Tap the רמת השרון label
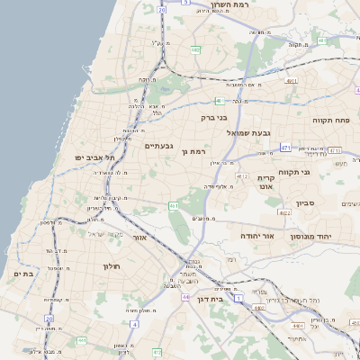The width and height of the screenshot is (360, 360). click(x=236, y=5)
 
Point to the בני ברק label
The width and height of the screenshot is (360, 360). click(x=213, y=117)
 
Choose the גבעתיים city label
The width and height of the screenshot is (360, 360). click(x=158, y=145)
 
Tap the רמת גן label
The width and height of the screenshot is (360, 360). click(x=194, y=152)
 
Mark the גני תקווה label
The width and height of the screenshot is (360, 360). click(x=319, y=172)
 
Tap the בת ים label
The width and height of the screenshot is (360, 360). click(x=24, y=273)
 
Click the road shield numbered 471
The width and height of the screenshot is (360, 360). click(x=285, y=148)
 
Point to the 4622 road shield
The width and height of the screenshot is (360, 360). click(x=283, y=213)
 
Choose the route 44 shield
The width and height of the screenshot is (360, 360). click(x=184, y=297)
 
